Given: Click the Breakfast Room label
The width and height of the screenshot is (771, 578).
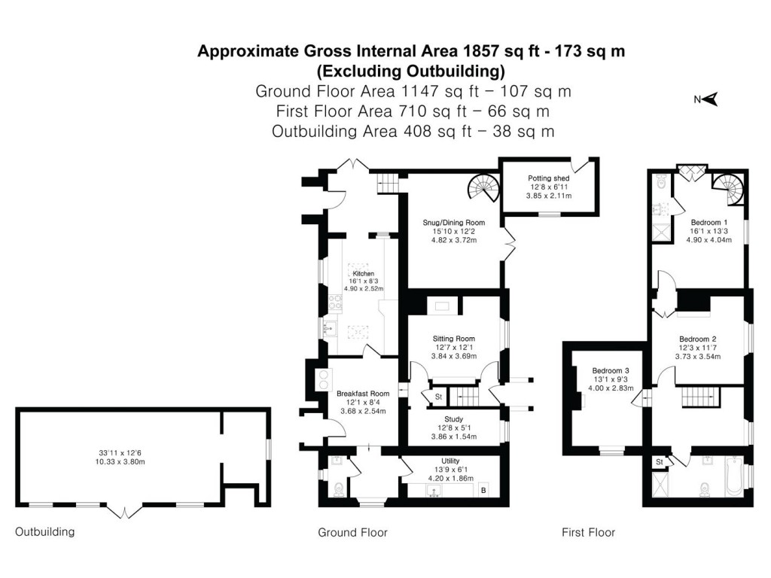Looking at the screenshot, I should tap(363, 394).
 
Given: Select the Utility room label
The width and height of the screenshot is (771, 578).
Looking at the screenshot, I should tap(450, 461).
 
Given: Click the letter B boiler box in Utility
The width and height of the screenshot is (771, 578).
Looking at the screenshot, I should tap(483, 490).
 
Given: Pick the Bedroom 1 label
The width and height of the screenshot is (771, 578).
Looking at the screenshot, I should tap(709, 223).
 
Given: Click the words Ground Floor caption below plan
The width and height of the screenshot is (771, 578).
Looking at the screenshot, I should tap(352, 533).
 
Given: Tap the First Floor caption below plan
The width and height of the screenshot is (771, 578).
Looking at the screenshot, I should tap(588, 533).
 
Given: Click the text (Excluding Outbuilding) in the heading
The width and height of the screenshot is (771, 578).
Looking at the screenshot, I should tap(410, 71).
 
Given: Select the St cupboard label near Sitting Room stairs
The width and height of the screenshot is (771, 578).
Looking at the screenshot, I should tap(437, 397).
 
